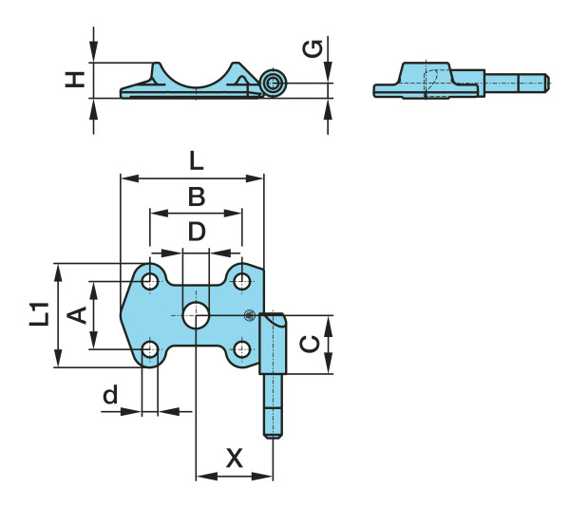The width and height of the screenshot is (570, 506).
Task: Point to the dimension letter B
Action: pos(197,197)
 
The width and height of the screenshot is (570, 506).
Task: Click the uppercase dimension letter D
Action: pos(197,232)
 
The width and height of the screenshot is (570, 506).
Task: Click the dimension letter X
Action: pos(235,459)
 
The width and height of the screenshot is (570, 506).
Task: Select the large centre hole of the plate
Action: pos(197,315)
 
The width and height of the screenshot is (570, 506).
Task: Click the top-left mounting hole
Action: pos(150,281)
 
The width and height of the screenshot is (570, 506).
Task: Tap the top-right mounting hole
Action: pos(242,281)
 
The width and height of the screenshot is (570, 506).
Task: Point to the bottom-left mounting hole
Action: pos(150,349)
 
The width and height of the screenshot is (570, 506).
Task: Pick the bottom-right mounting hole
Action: pos(242,349)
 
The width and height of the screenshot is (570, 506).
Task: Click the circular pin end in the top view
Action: pos(274,83)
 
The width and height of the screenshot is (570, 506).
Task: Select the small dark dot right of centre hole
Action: pos(249,315)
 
